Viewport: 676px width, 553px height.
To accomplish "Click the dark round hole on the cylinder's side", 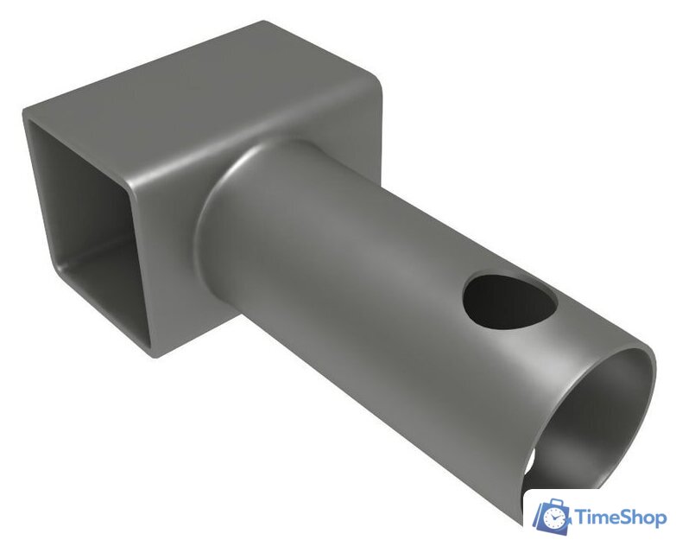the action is [x=509, y=300].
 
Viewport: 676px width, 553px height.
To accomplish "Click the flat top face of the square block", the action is [x=203, y=104].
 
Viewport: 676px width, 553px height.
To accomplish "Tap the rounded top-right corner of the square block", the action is [x=374, y=84].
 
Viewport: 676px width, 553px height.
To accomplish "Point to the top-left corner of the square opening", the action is [x=29, y=121].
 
